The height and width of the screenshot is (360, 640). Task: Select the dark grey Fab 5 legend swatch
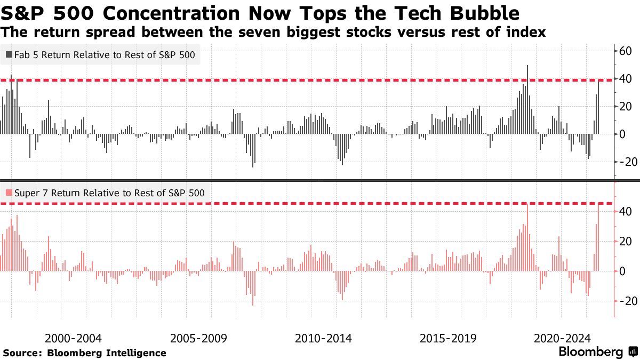[x=9, y=54]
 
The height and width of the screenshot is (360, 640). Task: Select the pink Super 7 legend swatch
[x=9, y=193]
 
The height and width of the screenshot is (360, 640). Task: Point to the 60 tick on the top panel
[x=625, y=51]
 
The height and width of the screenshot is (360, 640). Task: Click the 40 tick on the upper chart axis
[x=625, y=79]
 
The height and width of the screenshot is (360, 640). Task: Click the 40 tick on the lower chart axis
[x=625, y=212]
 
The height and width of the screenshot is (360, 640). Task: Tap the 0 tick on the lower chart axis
[x=622, y=271]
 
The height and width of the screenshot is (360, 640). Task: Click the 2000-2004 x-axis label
[x=73, y=339]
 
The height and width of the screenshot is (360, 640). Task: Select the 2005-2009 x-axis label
[x=198, y=339]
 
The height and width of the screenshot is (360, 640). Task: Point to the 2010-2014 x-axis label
[x=323, y=339]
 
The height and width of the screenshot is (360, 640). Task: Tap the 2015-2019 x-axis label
[x=448, y=339]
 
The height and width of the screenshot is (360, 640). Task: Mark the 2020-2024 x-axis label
[x=562, y=339]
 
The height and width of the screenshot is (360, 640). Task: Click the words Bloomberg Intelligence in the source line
[x=107, y=353]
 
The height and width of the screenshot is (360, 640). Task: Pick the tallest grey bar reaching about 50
[x=527, y=99]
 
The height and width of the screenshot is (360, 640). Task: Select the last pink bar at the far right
[x=598, y=237]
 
